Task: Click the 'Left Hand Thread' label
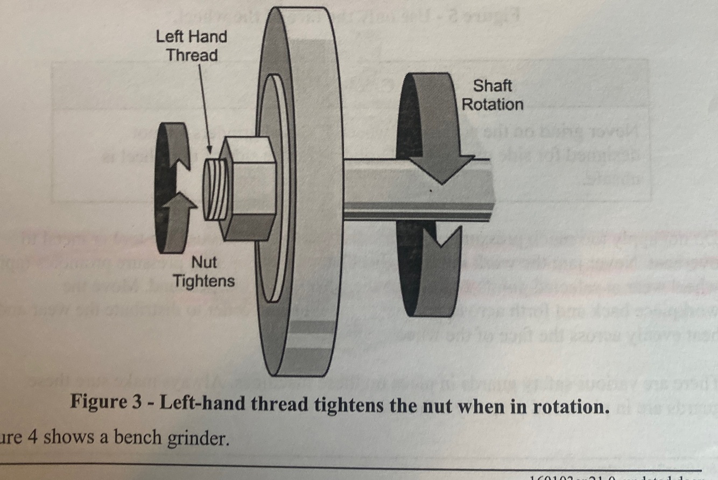pos(192,46)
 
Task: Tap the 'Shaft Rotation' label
pos(492,95)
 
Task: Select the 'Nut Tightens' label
pos(204,272)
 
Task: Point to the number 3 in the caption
pos(142,405)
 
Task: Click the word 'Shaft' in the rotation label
pos(492,86)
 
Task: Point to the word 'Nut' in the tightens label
pos(205,263)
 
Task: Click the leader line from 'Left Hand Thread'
pos(205,102)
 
